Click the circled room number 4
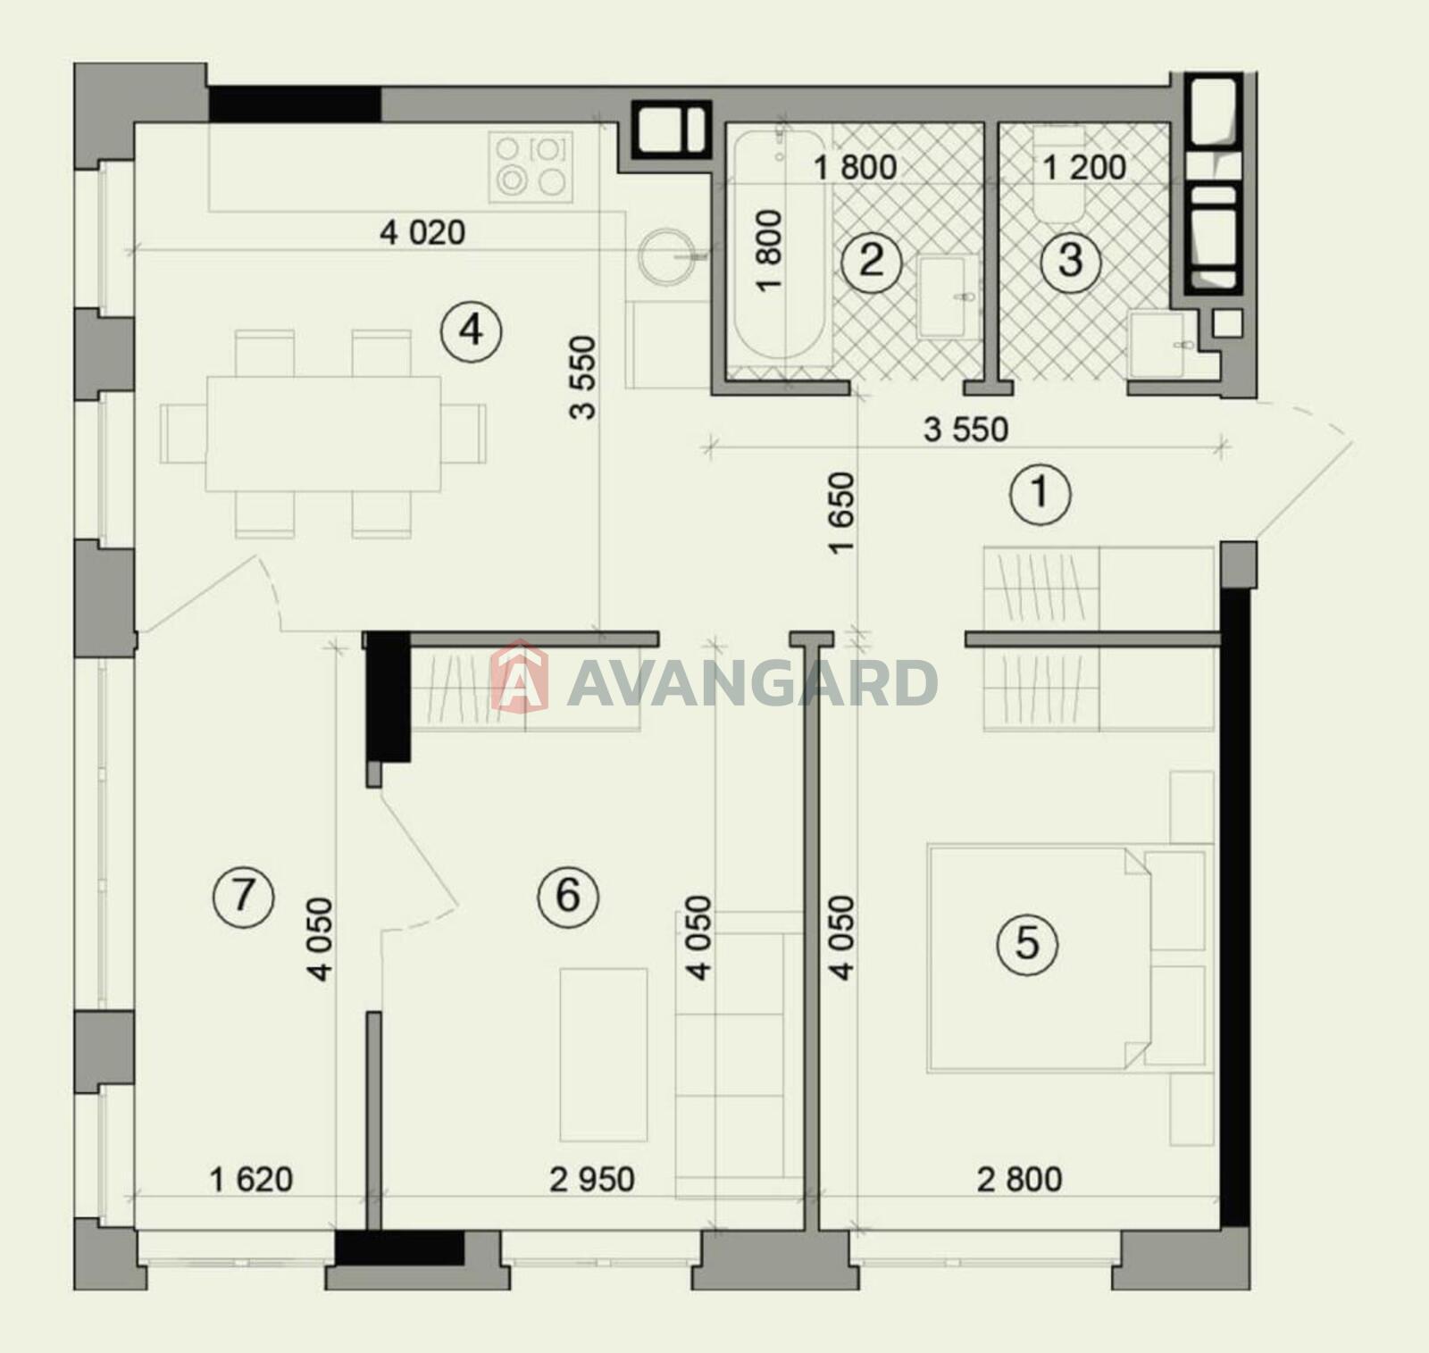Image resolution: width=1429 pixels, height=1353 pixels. pyautogui.click(x=471, y=331)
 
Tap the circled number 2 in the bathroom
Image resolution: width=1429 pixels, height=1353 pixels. pyautogui.click(x=871, y=260)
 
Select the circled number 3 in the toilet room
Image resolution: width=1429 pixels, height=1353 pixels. pyautogui.click(x=1070, y=260)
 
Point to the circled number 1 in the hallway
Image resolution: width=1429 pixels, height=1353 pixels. pyautogui.click(x=1040, y=493)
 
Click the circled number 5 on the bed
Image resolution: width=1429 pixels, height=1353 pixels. pyautogui.click(x=1026, y=942)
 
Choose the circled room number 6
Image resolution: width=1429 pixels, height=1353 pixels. pyautogui.click(x=568, y=896)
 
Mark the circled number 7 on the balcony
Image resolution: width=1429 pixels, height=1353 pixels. pyautogui.click(x=243, y=896)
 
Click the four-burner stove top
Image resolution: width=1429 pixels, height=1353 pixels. pyautogui.click(x=531, y=167)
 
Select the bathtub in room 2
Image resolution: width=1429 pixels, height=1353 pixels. pyautogui.click(x=779, y=246)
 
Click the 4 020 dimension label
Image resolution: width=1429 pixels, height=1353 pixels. pyautogui.click(x=422, y=233)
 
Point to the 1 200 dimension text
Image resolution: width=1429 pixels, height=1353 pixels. pyautogui.click(x=1084, y=167)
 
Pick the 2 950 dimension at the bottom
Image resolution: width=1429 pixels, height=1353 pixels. pyautogui.click(x=592, y=1179)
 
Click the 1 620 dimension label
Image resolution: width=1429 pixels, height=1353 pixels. pyautogui.click(x=251, y=1179)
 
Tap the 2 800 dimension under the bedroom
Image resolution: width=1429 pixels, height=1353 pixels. pyautogui.click(x=1020, y=1179)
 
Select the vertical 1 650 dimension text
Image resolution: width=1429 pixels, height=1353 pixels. pyautogui.click(x=841, y=514)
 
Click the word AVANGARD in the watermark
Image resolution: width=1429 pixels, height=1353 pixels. pyautogui.click(x=752, y=683)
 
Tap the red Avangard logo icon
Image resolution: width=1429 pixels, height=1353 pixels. pyautogui.click(x=520, y=676)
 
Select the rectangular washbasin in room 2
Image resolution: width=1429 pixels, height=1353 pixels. pyautogui.click(x=948, y=297)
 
